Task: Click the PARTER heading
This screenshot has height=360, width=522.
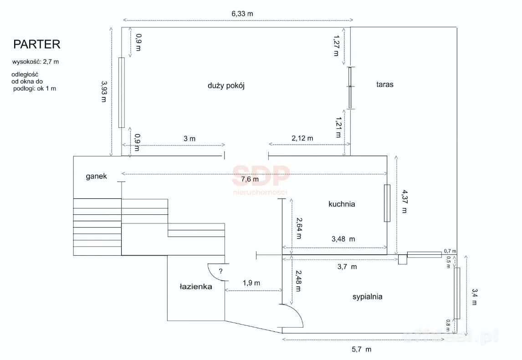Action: click(36, 44)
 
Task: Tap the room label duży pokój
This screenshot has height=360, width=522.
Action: click(226, 86)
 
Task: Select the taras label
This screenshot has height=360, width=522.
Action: click(385, 85)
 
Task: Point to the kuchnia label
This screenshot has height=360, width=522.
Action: click(342, 204)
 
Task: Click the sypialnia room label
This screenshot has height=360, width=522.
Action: click(367, 297)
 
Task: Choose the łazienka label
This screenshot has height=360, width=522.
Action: click(196, 286)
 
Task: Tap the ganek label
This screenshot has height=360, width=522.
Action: click(96, 176)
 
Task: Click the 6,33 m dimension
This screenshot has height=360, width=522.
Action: click(242, 14)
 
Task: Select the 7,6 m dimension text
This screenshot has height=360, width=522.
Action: click(250, 179)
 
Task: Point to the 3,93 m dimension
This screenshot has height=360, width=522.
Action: click(104, 91)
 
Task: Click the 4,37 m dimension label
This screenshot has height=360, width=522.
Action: click(404, 201)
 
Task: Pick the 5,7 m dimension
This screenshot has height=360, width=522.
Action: click(361, 350)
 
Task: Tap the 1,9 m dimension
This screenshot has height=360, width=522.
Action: click(251, 283)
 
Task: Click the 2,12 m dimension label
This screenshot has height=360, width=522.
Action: click(302, 138)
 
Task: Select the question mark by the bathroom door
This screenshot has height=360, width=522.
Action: click(220, 271)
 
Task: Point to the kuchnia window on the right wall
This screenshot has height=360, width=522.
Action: click(387, 203)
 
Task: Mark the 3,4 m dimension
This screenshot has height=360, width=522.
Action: click(474, 297)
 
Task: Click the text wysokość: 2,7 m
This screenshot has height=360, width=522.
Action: click(35, 62)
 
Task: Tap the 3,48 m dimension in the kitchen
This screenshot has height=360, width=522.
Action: click(343, 239)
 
